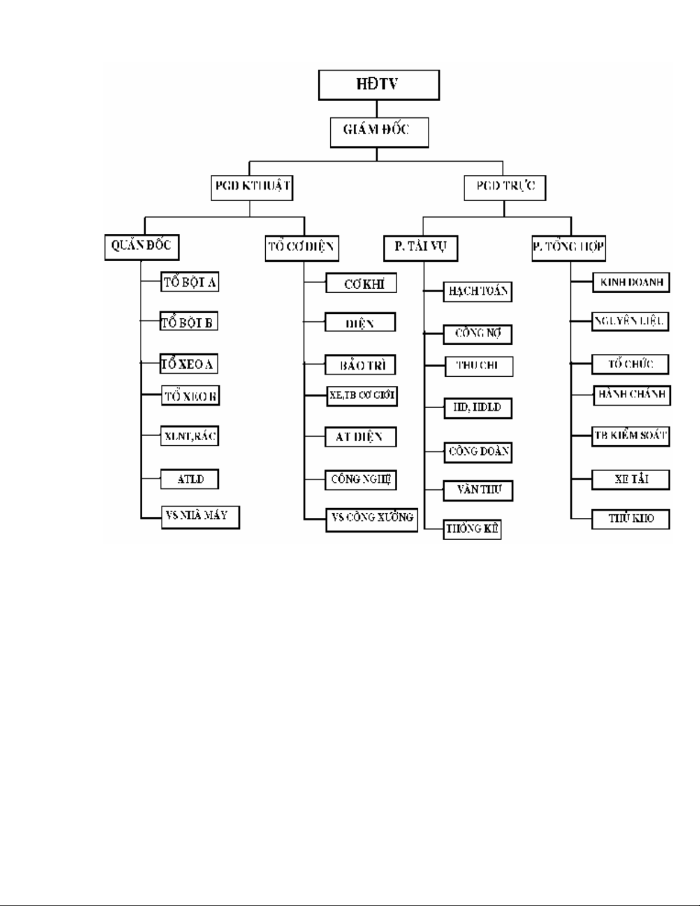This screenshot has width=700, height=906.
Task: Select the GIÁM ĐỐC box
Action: (x=379, y=131)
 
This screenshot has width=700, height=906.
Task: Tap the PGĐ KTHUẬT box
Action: (x=252, y=187)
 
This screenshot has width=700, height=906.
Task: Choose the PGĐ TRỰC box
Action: (x=505, y=187)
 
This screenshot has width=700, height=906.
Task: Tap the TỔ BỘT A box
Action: (x=190, y=282)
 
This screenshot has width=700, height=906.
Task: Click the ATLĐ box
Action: (x=190, y=479)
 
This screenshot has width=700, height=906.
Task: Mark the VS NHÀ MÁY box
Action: (x=200, y=517)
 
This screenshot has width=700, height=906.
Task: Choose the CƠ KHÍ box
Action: (x=361, y=284)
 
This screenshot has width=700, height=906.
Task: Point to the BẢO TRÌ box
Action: (x=361, y=365)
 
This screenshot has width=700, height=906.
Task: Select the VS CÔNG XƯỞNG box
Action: (x=371, y=518)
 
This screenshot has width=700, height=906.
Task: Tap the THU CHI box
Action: (x=478, y=366)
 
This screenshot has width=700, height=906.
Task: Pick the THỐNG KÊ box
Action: (x=472, y=529)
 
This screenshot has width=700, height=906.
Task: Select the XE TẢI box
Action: (x=630, y=480)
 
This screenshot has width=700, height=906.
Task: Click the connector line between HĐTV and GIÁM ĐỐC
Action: (x=376, y=109)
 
